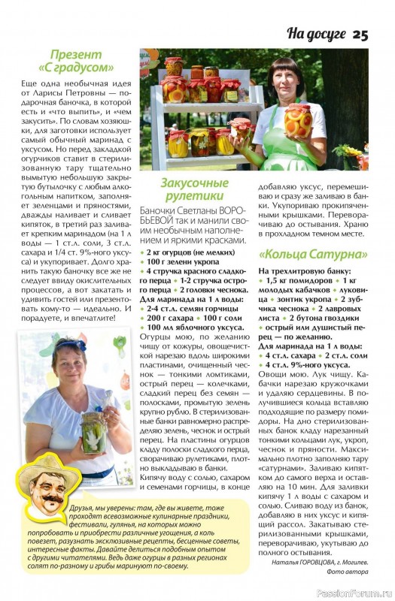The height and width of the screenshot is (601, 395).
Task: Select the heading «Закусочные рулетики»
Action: (194, 190)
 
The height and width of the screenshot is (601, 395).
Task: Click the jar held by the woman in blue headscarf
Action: (93, 431)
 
